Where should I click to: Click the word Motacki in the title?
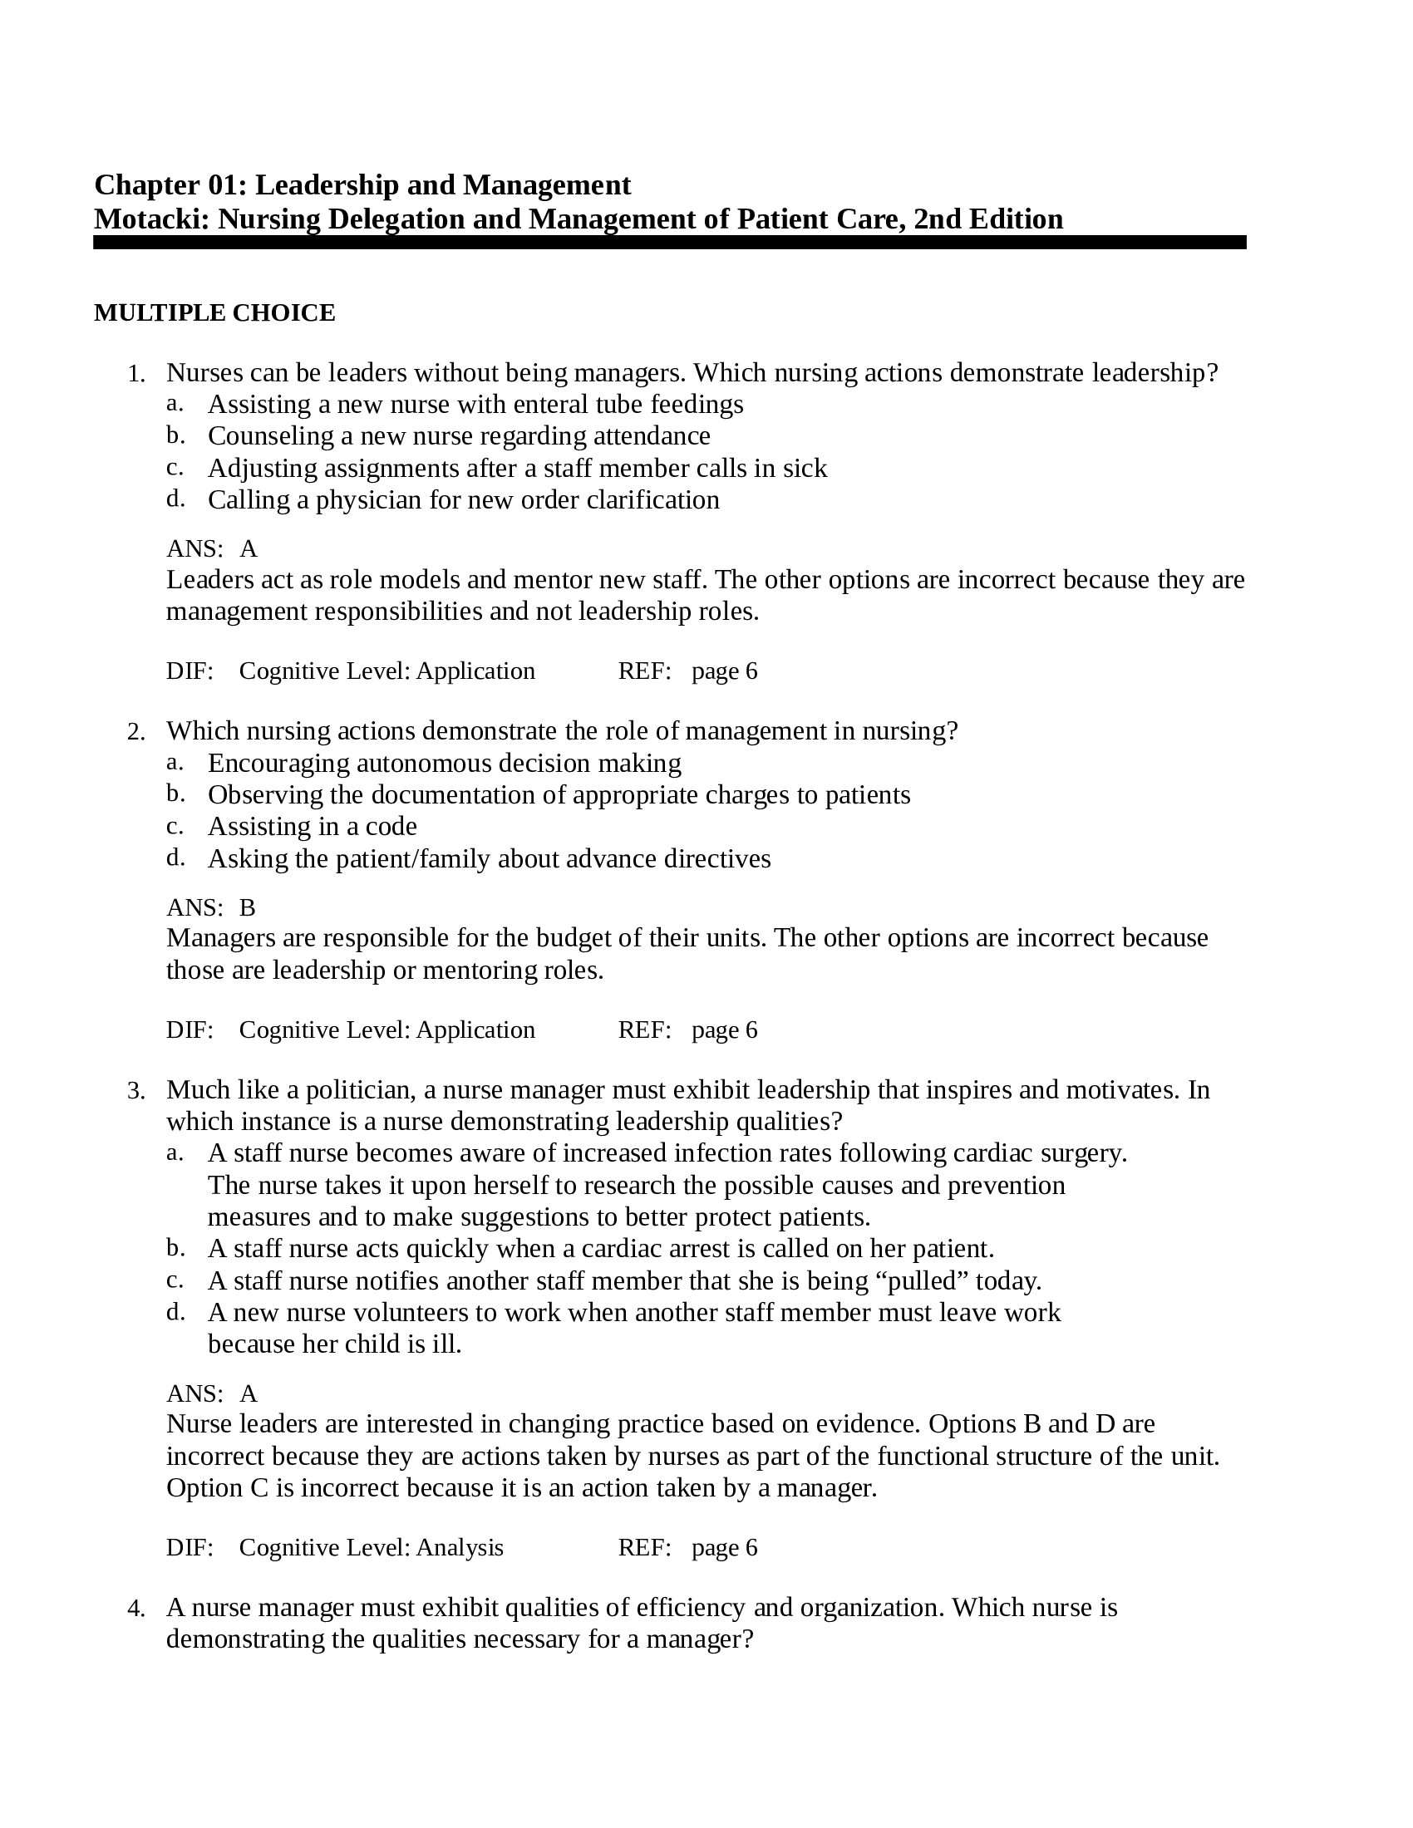pyautogui.click(x=151, y=219)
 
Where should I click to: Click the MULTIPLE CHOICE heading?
pyautogui.click(x=214, y=313)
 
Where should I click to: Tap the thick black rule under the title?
pyautogui.click(x=670, y=243)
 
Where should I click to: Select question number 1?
pyautogui.click(x=135, y=374)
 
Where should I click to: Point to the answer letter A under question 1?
pyautogui.click(x=249, y=549)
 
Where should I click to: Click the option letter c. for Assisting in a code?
pyautogui.click(x=174, y=826)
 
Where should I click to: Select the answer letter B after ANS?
pyautogui.click(x=247, y=908)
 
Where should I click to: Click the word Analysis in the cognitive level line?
pyautogui.click(x=460, y=1548)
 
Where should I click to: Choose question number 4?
pyautogui.click(x=135, y=1609)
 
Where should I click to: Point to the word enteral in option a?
pyautogui.click(x=544, y=405)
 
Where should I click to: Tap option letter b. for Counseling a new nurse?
pyautogui.click(x=174, y=435)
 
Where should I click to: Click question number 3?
pyautogui.click(x=135, y=1092)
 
